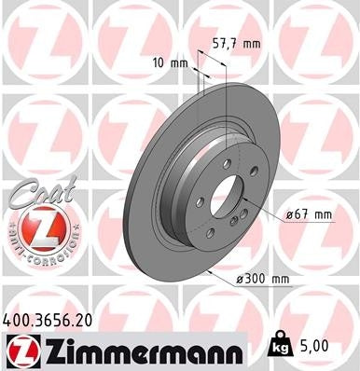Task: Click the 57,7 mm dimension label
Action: [x=237, y=42]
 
